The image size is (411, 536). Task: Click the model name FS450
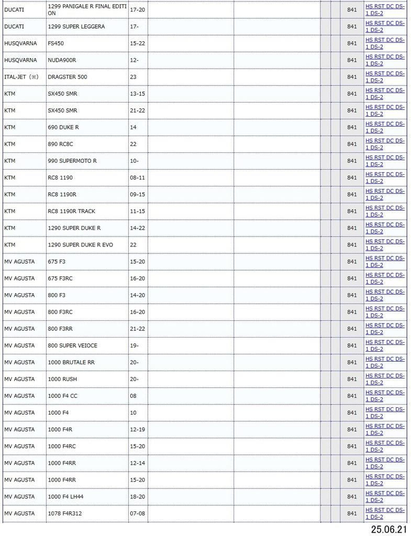coord(55,43)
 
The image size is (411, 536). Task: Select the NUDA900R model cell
coord(62,60)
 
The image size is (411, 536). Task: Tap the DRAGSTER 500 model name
coord(68,77)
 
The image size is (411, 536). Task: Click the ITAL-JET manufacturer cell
coord(21,77)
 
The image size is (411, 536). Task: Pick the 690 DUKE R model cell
coord(63,127)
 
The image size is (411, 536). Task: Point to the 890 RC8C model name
coord(61,144)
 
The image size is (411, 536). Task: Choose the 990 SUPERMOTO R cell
coord(72,161)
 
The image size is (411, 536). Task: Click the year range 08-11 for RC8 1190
coord(137,177)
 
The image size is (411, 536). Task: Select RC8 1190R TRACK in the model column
coord(71,211)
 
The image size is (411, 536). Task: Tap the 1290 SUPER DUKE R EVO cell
coord(80,244)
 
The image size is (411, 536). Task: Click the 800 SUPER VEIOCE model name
coord(72,345)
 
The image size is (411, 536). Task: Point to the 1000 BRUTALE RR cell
coord(71,362)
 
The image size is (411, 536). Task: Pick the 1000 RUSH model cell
coord(62,379)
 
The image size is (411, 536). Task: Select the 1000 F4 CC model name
coord(62,396)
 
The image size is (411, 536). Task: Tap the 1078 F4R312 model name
coord(64,513)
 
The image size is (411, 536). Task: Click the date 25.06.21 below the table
coord(388,529)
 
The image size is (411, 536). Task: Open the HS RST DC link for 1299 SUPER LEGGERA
coord(385,26)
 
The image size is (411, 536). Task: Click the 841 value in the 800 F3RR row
coord(352,329)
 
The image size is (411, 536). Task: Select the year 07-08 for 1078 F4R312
coord(137,513)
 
